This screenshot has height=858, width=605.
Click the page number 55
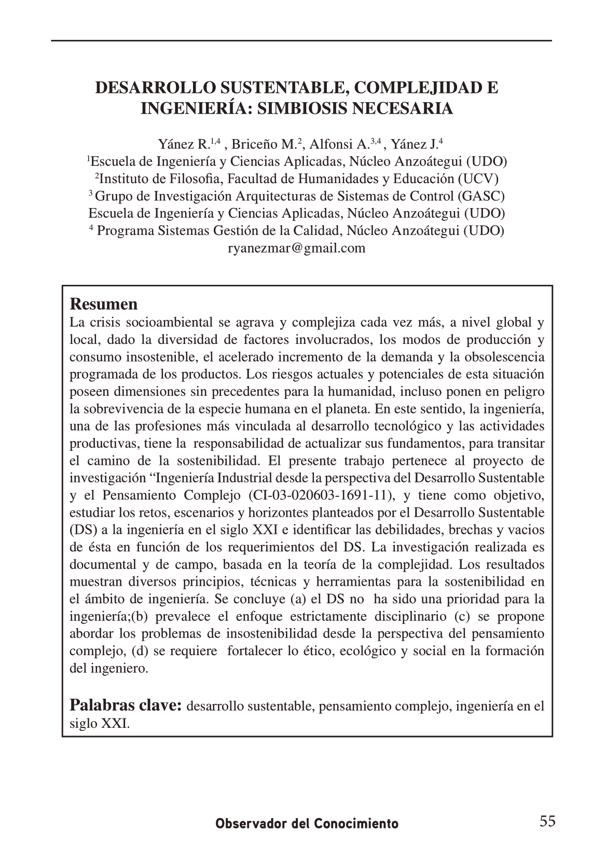547,821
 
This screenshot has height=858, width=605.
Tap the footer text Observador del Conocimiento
307,823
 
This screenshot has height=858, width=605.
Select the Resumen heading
103,304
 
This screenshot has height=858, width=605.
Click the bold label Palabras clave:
126,705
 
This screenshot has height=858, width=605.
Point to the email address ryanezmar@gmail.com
297,248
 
